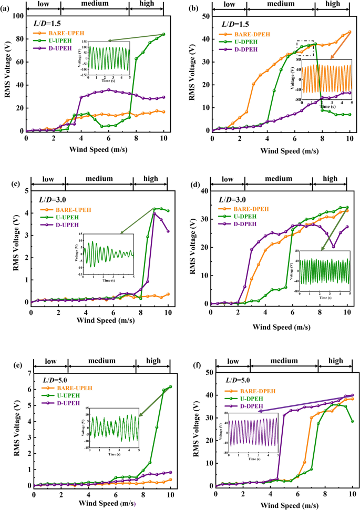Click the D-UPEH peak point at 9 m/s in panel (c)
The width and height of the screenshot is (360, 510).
coord(155,213)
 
